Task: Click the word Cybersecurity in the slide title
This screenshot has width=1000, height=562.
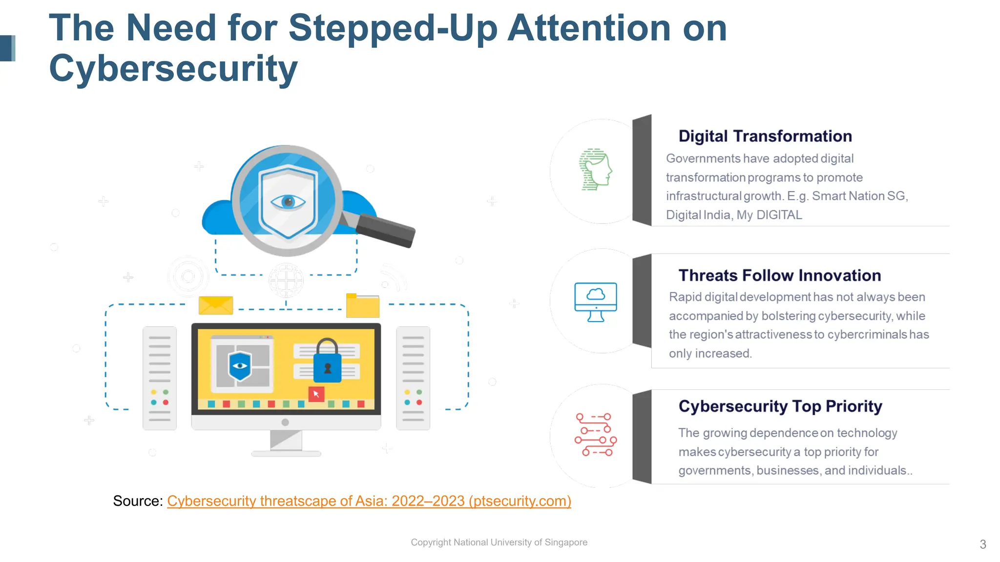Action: point(173,69)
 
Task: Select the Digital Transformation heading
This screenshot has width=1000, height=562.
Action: point(765,136)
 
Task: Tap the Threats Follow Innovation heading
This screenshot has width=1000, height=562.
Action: point(779,276)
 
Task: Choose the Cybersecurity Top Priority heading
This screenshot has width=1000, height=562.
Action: point(780,406)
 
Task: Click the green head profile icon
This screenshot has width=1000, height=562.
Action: point(595,169)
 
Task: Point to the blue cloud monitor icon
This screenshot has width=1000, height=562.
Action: point(595,301)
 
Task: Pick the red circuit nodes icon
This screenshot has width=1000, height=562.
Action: point(595,435)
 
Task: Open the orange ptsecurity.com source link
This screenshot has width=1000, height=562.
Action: point(369,501)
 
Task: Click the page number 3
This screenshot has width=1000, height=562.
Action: point(982,544)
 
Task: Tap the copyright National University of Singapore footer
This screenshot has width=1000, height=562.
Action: point(499,542)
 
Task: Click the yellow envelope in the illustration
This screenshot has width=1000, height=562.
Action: point(215,305)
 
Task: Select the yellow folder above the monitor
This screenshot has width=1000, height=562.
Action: point(362,306)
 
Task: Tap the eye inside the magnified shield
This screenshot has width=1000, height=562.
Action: point(288,201)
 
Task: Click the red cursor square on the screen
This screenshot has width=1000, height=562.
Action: point(316,394)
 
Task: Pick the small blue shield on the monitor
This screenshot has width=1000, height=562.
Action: point(240,366)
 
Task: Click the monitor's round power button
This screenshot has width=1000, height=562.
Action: point(285,422)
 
